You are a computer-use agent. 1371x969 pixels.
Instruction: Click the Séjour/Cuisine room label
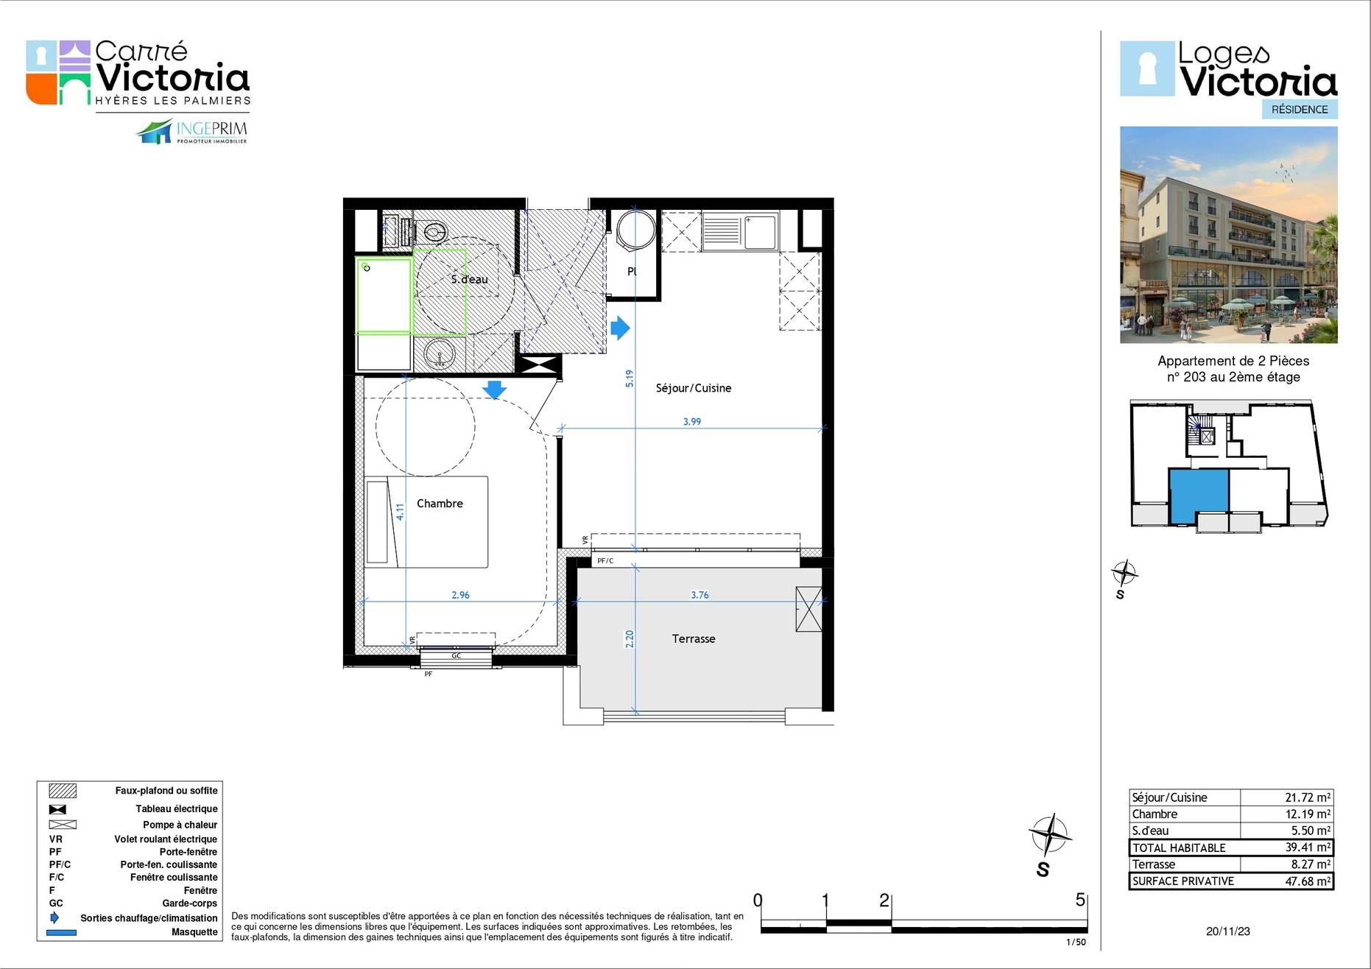click(694, 388)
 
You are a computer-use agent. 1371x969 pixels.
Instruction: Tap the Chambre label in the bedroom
click(440, 504)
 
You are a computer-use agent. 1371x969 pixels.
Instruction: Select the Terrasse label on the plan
click(694, 638)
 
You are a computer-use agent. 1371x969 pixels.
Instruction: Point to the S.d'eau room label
click(469, 279)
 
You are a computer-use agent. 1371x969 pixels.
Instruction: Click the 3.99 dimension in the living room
click(692, 422)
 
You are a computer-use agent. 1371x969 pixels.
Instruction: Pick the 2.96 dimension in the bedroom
click(460, 595)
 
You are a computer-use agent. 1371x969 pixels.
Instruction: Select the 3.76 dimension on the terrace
click(699, 595)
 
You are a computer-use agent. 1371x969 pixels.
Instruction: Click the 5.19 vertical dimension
click(630, 378)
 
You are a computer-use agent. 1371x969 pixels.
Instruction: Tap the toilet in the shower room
click(432, 230)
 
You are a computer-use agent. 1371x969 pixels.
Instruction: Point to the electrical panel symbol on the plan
click(537, 364)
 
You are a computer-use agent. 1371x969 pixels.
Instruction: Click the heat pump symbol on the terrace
click(808, 609)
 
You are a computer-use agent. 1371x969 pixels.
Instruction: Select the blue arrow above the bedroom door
click(494, 390)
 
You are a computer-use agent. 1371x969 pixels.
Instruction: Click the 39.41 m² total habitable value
click(1308, 848)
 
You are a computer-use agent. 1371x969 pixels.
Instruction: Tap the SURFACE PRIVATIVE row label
click(1183, 881)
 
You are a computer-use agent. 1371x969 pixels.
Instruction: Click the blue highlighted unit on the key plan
click(1198, 496)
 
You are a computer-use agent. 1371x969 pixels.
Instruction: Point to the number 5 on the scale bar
click(1080, 900)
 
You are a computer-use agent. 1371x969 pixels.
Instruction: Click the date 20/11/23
click(1228, 931)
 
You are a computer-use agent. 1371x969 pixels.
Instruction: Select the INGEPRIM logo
click(192, 132)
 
